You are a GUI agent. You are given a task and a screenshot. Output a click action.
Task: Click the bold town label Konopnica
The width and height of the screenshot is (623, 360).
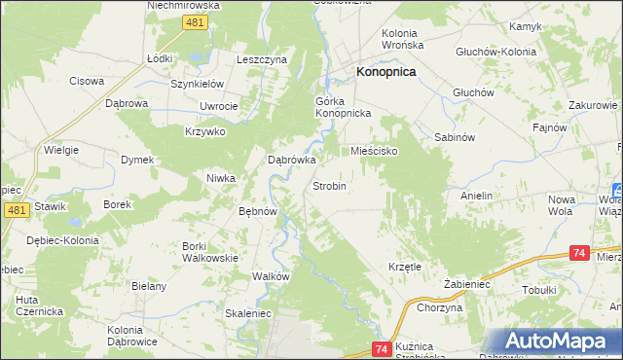click(x=386, y=72)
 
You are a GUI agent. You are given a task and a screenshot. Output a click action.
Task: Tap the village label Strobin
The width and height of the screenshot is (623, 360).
click(x=329, y=185)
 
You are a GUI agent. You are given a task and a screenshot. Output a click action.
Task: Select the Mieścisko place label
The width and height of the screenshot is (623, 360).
click(x=375, y=152)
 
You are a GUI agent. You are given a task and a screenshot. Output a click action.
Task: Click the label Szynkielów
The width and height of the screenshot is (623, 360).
click(x=198, y=84)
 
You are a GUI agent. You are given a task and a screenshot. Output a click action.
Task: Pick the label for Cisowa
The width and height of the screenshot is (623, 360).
click(x=86, y=81)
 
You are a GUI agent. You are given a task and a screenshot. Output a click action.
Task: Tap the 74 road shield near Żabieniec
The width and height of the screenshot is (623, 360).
click(x=578, y=253)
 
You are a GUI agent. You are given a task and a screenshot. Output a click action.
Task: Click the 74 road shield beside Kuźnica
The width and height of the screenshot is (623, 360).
click(x=381, y=348)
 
